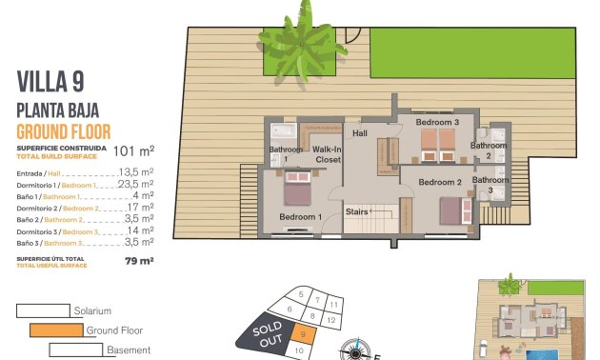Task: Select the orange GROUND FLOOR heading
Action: (64, 130)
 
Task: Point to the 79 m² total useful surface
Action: (139, 260)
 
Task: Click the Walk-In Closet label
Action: (327, 154)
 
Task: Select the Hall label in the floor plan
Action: (359, 134)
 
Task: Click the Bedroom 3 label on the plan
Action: (437, 123)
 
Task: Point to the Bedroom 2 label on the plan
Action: (440, 182)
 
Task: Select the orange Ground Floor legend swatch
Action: (56, 330)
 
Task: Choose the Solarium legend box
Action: (43, 310)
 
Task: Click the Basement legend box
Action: (75, 350)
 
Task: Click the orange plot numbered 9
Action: (302, 333)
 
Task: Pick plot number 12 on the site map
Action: (330, 321)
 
